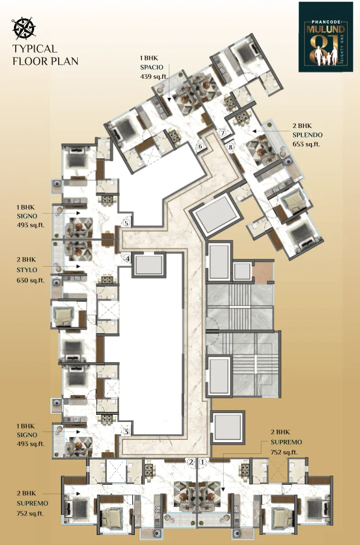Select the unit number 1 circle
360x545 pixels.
click(203, 462)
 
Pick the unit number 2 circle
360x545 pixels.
click(191, 462)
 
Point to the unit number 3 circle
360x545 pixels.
click(127, 432)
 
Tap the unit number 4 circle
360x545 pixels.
click(127, 259)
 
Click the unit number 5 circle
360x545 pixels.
click(126, 223)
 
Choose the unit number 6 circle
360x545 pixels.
click(200, 146)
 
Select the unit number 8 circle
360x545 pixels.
click(230, 147)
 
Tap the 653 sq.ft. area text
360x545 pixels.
click(306, 144)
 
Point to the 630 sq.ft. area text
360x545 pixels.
click(31, 280)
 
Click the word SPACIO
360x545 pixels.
click(151, 67)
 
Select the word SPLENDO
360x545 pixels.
click(307, 135)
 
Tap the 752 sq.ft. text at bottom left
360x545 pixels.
click(30, 513)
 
